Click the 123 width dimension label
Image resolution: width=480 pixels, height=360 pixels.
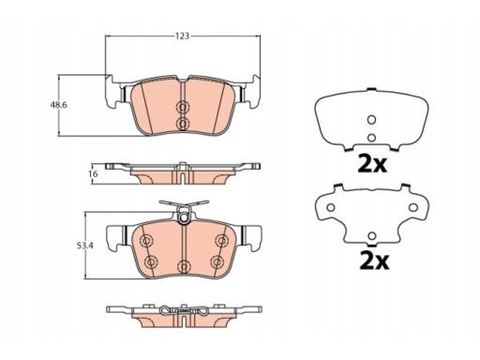pyautogui.click(x=182, y=36)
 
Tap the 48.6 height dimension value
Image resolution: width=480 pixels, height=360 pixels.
pyautogui.click(x=58, y=105)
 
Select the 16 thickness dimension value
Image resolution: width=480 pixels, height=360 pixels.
pyautogui.click(x=94, y=173)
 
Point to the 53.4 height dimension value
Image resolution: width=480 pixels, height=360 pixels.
pyautogui.click(x=85, y=246)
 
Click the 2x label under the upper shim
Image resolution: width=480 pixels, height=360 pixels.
pyautogui.click(x=372, y=164)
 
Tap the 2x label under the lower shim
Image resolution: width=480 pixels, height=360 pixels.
pyautogui.click(x=374, y=262)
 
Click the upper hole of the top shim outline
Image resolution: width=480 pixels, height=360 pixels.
pyautogui.click(x=371, y=119)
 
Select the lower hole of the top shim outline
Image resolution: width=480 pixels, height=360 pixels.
pyautogui.click(x=371, y=137)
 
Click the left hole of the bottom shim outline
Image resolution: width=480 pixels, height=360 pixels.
pyautogui.click(x=331, y=207)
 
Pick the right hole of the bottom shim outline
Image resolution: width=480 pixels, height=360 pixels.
pyautogui.click(x=413, y=207)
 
